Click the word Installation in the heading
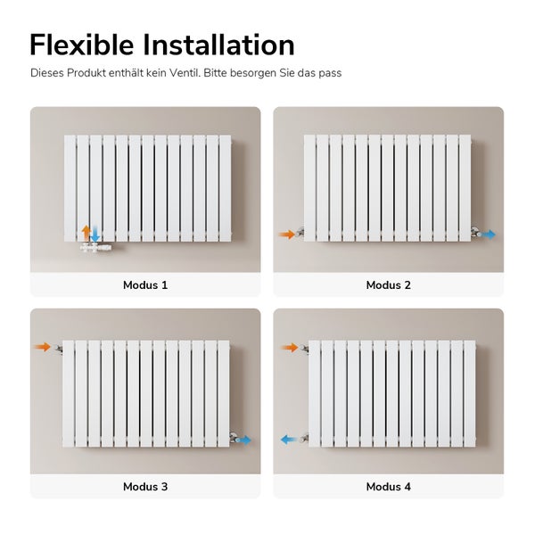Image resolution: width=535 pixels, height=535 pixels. [220, 45]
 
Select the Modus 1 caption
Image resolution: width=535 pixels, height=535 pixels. [145, 285]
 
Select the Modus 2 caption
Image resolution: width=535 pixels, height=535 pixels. [389, 285]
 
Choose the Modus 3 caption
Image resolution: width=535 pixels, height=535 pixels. [145, 487]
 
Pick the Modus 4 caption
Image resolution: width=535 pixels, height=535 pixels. [389, 487]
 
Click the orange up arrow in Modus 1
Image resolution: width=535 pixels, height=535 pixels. [86, 233]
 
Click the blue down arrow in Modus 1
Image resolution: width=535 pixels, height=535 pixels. [95, 234]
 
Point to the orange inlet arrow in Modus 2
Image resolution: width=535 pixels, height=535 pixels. [286, 235]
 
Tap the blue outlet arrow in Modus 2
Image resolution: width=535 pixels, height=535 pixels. [490, 235]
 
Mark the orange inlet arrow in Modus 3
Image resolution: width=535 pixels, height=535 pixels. [42, 347]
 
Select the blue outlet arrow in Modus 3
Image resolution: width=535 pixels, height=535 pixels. [244, 440]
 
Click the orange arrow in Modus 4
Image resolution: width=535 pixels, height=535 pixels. [288, 347]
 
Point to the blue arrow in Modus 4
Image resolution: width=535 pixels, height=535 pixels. [289, 440]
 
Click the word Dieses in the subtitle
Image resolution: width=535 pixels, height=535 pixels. [47, 73]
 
